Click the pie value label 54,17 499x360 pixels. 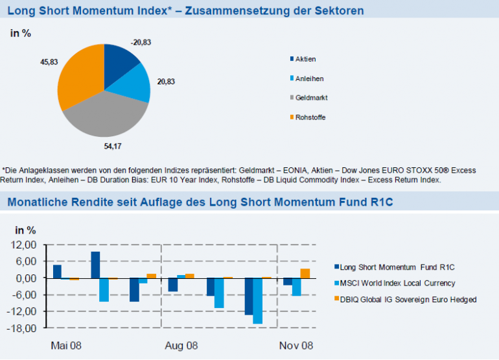coord(112,145)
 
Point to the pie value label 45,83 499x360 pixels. coord(48,62)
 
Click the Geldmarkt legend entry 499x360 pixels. coord(311,98)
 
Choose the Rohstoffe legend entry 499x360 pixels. coord(310,117)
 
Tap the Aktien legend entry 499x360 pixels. coord(305,59)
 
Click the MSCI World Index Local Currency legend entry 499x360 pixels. coord(397,283)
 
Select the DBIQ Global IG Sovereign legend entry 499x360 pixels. coord(408,299)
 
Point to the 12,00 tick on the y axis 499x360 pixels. coord(27,245)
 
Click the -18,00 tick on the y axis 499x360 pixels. coord(25,328)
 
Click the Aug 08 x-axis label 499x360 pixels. coord(182,346)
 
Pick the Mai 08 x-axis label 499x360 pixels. coord(67,346)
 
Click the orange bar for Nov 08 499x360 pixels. coord(305,273)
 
